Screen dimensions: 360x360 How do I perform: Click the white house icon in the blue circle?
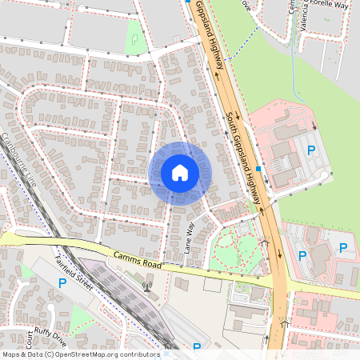180,172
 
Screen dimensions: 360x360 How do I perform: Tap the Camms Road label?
137,260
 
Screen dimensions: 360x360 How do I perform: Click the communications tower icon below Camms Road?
146,285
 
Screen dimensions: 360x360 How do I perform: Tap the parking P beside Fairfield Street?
62,284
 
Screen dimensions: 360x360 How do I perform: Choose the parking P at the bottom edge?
197,348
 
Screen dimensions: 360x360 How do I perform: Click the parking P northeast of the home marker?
312,150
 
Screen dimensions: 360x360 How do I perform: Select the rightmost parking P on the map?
343,248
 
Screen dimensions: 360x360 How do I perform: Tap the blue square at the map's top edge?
188,2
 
